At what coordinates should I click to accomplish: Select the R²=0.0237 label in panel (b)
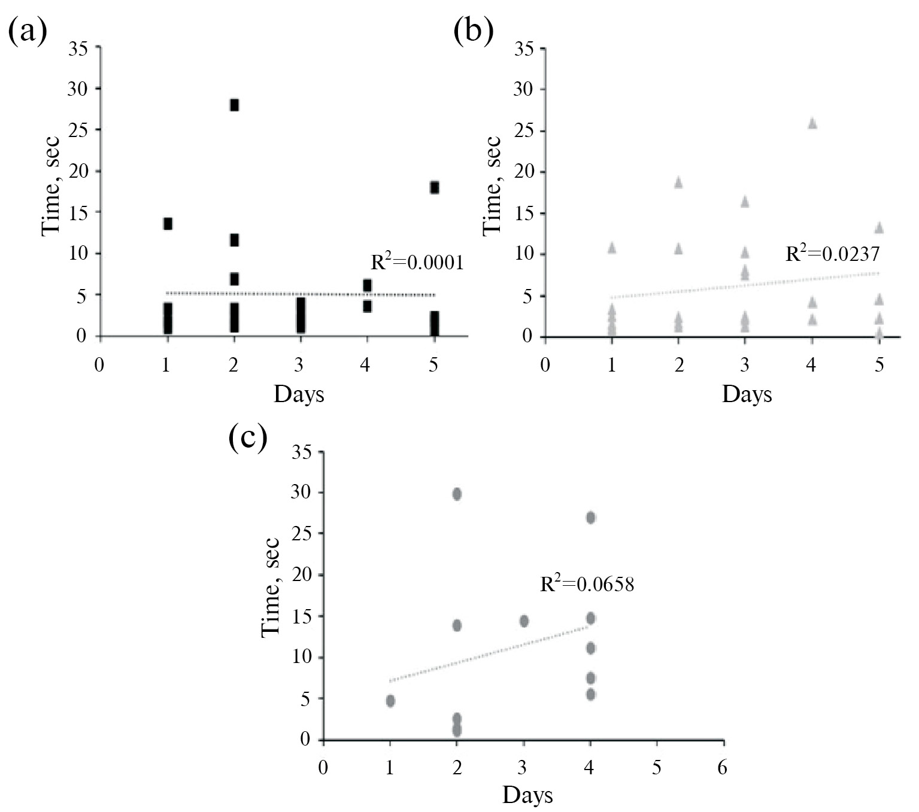click(832, 253)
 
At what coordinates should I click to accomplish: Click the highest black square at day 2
click(234, 105)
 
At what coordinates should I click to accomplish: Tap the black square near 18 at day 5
click(434, 187)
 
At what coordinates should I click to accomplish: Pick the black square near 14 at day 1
click(168, 223)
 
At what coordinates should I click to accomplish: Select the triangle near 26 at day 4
click(812, 123)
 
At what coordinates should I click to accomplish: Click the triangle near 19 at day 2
click(678, 183)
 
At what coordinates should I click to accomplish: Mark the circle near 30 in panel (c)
click(457, 494)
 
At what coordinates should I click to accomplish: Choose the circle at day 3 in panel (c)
click(524, 621)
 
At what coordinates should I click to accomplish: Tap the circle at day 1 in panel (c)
click(390, 701)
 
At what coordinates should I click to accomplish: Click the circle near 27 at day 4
click(590, 518)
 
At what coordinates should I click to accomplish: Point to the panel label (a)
click(27, 31)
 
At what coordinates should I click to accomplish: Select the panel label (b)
click(474, 31)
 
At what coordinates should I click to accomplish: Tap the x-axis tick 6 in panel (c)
click(723, 767)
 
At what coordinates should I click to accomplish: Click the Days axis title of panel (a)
click(299, 395)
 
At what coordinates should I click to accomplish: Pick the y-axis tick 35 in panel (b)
click(524, 48)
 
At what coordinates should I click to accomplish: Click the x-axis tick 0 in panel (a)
click(99, 364)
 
